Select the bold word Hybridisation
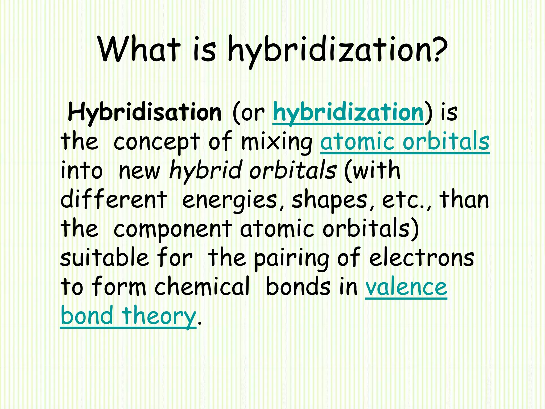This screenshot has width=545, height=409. pos(144,112)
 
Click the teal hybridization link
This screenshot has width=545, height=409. pos(348,112)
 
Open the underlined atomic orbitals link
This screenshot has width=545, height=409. pos(405,141)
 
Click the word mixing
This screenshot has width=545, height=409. pos(276,142)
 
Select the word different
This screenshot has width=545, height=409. pos(114,199)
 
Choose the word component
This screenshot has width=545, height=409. pos(173,229)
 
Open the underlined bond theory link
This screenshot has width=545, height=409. pos(128,316)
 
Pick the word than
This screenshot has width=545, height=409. pos(464,199)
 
